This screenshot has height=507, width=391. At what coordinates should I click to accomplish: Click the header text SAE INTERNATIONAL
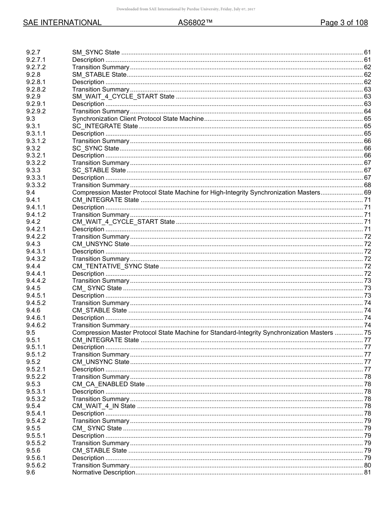(x=62, y=23)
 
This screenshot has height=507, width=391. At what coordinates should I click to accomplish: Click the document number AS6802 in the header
(x=195, y=23)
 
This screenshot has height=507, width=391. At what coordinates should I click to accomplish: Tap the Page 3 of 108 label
(x=344, y=23)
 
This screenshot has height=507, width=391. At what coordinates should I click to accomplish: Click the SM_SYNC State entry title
(x=96, y=52)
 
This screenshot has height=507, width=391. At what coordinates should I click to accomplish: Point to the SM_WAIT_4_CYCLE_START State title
(x=123, y=96)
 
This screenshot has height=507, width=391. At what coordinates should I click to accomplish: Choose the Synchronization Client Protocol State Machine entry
(x=138, y=119)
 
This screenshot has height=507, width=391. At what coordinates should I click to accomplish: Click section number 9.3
(x=30, y=119)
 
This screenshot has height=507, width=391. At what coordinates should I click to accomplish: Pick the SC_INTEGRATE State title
(x=105, y=126)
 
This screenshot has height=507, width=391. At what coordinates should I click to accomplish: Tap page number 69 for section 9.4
(x=368, y=192)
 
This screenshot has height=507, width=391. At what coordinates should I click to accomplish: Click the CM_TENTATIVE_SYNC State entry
(x=115, y=266)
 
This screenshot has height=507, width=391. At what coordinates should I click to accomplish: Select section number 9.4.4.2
(x=36, y=281)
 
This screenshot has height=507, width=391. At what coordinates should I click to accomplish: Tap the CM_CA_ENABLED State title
(x=108, y=384)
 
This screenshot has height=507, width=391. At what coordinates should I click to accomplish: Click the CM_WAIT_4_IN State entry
(x=104, y=406)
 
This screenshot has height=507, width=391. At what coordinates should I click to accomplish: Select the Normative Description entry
(x=104, y=472)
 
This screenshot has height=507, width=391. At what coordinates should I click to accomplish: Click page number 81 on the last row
(x=368, y=472)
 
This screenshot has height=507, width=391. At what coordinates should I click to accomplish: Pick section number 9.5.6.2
(x=36, y=465)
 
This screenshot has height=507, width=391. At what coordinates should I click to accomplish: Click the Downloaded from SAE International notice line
(x=186, y=9)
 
